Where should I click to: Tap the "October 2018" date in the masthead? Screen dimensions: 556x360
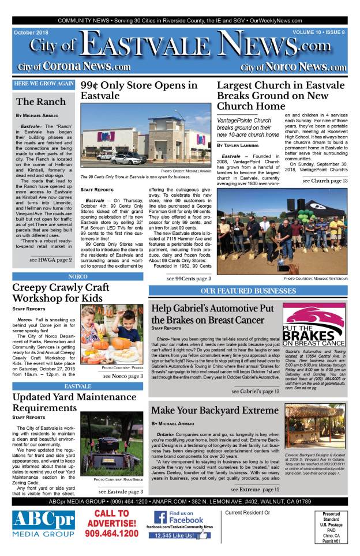(x=33, y=32)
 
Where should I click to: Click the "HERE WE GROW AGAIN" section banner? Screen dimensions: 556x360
(x=43, y=84)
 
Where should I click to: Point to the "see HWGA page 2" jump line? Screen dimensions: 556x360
(x=51, y=260)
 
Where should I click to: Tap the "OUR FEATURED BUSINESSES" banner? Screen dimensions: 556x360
(x=247, y=290)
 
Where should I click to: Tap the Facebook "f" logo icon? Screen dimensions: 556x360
(x=160, y=517)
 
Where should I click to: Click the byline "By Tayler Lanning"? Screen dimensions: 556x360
(x=238, y=146)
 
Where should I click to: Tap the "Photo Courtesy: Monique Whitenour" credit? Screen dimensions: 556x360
(x=315, y=279)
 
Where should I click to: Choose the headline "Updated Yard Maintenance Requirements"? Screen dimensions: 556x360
(x=73, y=402)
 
